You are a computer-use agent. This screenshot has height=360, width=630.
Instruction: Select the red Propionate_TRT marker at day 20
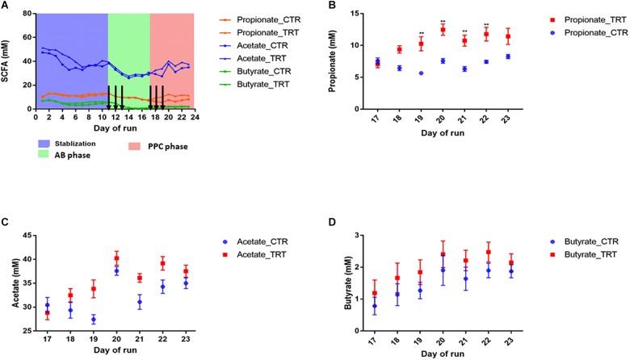[x=443, y=31]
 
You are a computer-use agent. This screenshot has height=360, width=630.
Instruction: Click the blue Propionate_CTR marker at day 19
[x=421, y=73]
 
